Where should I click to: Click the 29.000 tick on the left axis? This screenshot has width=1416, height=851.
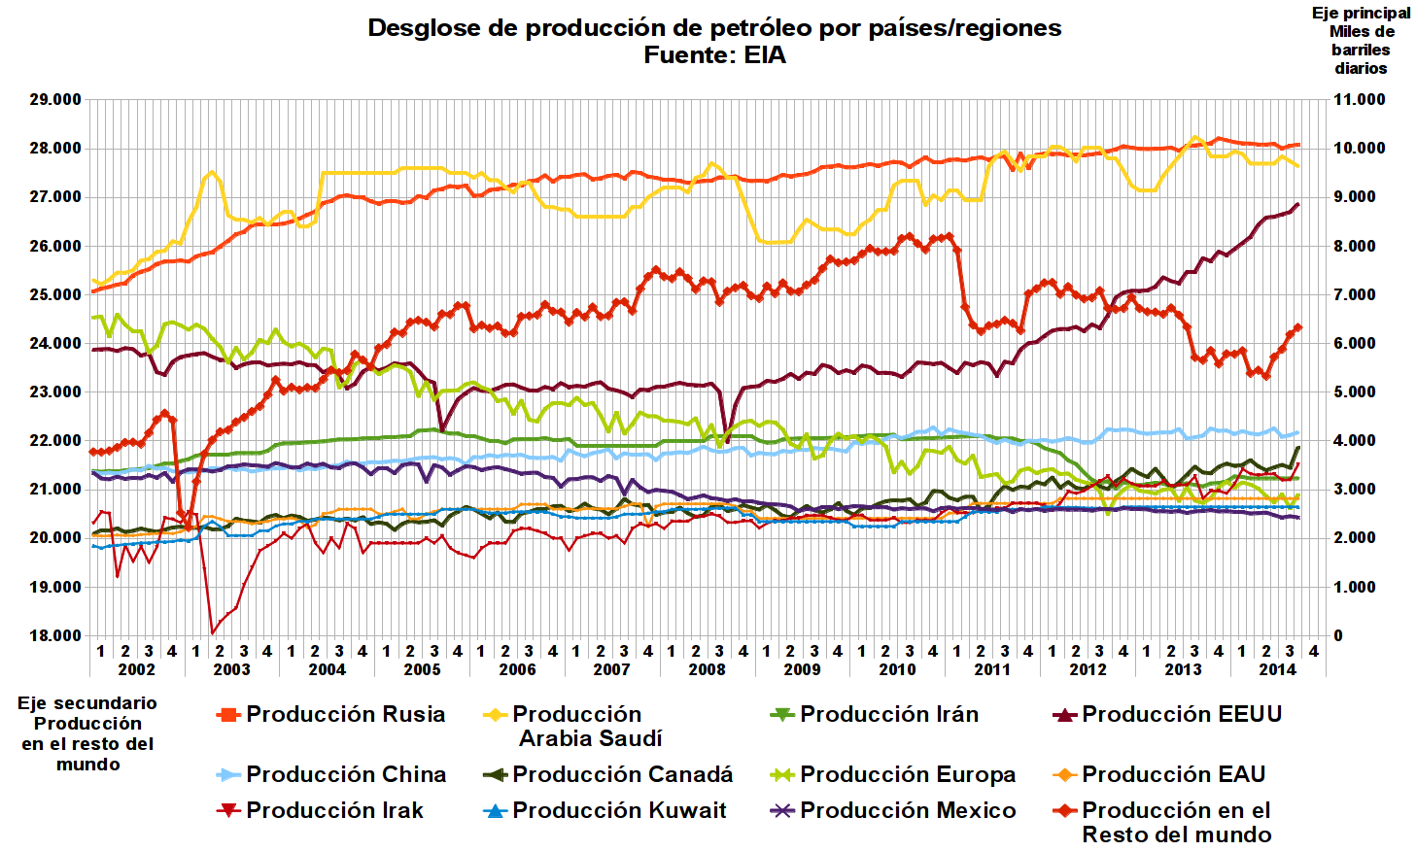55,100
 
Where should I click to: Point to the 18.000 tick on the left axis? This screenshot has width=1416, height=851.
55,635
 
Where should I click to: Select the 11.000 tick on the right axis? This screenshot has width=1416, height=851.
1359,100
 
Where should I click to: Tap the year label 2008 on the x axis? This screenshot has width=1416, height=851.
707,669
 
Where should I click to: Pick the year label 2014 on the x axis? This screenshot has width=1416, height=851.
1277,669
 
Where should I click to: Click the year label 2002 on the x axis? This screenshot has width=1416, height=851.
136,669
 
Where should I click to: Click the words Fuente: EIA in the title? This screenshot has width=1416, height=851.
714,55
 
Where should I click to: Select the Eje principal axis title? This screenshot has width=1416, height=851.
1361,40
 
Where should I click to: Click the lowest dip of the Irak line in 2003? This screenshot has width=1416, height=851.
213,632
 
